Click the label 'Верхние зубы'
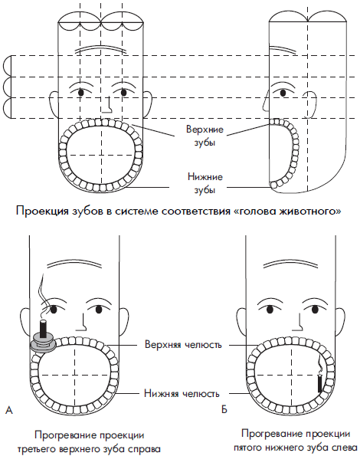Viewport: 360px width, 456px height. pos(205,136)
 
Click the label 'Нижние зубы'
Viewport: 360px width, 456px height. pos(205,183)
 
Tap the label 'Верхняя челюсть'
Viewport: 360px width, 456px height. pos(183,345)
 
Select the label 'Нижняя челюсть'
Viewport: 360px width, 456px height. pos(182,393)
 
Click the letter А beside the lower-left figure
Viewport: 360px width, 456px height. pos(9,410)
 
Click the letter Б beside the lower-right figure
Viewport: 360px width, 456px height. pos(224,409)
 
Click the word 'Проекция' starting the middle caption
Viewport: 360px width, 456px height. pos(42,211)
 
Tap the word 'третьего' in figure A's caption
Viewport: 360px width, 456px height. pos(37,449)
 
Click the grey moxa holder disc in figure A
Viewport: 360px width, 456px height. pos(43,343)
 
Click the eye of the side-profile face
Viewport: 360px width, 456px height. pos(283,93)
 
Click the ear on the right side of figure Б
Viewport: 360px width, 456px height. pos(340,323)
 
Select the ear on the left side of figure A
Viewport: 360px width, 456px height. pos(25,322)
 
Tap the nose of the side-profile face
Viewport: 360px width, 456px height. pos(266,101)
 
